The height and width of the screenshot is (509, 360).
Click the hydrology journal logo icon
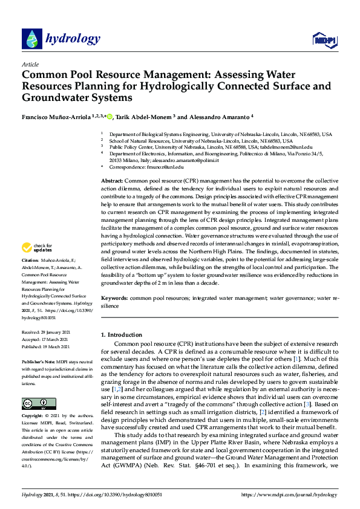point(31,39)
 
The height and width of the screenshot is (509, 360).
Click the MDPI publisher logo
point(324,40)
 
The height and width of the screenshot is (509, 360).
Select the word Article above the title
point(30,64)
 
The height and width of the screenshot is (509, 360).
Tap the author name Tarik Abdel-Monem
point(143,115)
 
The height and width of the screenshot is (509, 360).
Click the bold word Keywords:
point(114,299)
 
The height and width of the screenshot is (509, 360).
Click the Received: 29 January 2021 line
point(47,332)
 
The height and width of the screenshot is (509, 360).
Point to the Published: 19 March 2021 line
point(47,346)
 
